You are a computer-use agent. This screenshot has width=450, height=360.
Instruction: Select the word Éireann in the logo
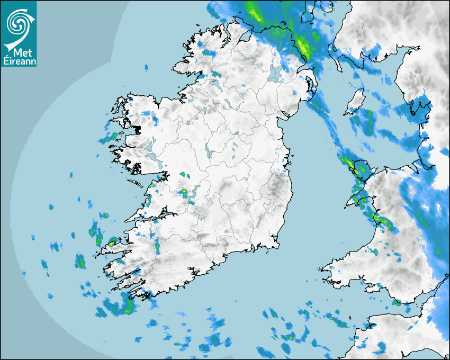tap(19, 61)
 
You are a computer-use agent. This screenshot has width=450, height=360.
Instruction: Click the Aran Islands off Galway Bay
tap(136, 183)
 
